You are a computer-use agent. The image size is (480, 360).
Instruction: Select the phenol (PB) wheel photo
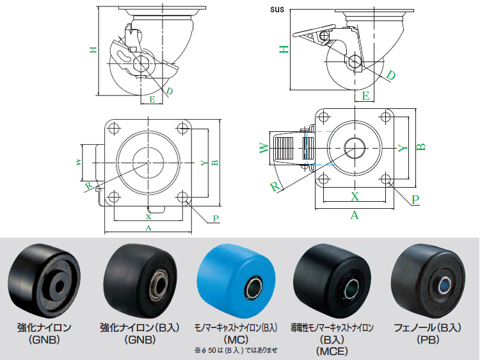point(428,279)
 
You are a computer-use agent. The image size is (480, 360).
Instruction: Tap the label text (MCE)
point(333,351)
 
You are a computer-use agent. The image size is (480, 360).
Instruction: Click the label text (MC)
point(236,339)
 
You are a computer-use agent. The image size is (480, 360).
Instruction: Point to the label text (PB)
point(428,339)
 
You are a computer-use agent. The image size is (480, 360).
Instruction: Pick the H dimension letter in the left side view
point(93,49)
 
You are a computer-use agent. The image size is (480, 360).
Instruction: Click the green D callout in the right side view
point(390,75)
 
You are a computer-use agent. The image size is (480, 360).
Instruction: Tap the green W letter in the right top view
point(264,149)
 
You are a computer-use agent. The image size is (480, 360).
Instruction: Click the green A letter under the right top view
point(355,215)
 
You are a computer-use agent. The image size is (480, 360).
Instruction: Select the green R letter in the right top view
point(275,186)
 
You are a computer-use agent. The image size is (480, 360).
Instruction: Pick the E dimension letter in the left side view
point(152,99)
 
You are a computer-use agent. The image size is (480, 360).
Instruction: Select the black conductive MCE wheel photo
point(332,279)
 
